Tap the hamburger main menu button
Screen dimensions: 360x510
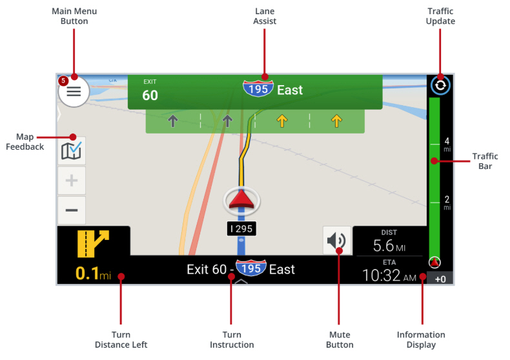(74, 92)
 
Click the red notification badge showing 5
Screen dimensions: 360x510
(63, 81)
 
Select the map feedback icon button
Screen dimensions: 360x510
(71, 151)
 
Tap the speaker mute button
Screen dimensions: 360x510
(337, 241)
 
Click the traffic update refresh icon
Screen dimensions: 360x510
(440, 85)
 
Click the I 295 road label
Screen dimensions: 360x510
(241, 228)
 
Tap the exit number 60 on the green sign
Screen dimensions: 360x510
(150, 95)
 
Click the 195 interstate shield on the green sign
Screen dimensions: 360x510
(258, 90)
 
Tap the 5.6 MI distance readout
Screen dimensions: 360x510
(389, 246)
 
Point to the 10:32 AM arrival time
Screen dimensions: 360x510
(389, 275)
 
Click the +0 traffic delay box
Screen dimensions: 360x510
(441, 279)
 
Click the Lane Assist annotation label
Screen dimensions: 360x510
(265, 17)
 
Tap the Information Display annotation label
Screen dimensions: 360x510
(421, 339)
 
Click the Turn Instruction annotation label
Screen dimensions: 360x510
(232, 339)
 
